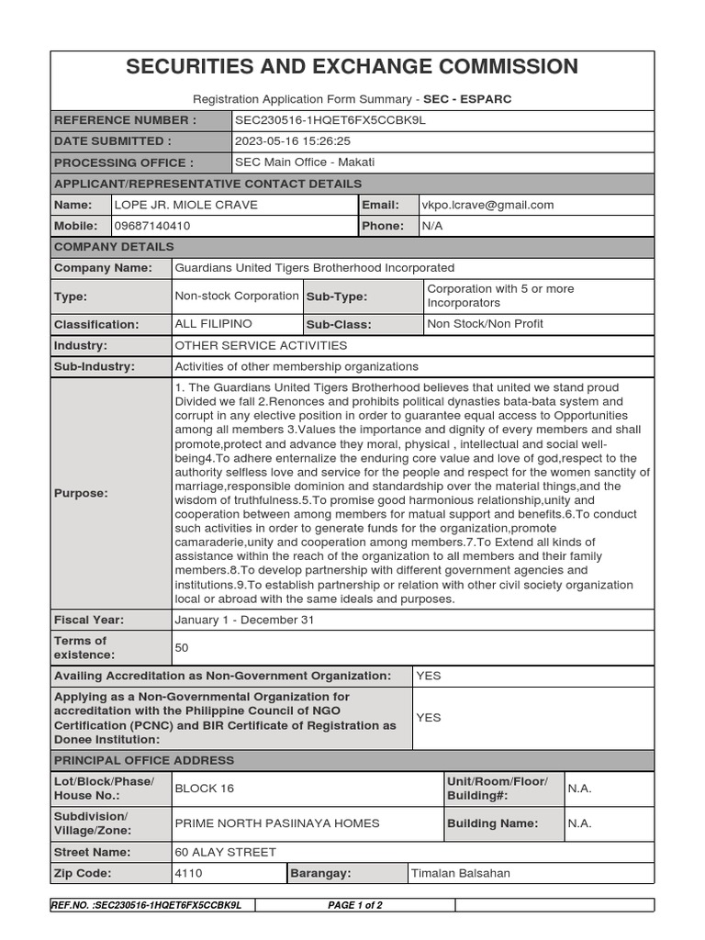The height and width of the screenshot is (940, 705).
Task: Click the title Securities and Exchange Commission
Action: [x=352, y=67]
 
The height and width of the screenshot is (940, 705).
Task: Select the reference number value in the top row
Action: [x=330, y=120]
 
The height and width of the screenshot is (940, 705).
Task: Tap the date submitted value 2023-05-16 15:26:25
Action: [x=293, y=141]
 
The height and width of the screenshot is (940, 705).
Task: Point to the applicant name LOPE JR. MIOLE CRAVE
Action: [x=185, y=205]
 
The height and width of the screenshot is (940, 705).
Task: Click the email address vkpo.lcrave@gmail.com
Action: [x=487, y=205]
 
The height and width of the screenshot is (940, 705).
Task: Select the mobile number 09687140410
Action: [x=152, y=226]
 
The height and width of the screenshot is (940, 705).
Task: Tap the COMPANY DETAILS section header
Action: [x=114, y=247]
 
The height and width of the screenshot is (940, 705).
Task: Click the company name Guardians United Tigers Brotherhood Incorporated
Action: [x=314, y=268]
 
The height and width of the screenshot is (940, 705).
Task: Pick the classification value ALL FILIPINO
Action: [x=213, y=324]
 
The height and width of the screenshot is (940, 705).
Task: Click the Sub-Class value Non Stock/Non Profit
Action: [x=485, y=324]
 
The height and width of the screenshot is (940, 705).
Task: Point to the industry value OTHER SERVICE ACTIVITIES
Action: [x=261, y=345]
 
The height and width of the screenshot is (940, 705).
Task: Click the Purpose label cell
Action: [x=81, y=493]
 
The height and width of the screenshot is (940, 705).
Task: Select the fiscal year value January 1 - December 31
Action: [x=244, y=620]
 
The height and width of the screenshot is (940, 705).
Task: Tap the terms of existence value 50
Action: [x=182, y=648]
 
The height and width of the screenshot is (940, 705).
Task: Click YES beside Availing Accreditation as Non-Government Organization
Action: [x=429, y=676]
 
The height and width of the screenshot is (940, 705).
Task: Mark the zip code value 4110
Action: [x=188, y=873]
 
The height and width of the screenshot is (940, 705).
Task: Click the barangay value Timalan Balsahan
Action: [x=461, y=873]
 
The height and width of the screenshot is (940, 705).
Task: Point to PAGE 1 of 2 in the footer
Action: [x=355, y=905]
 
